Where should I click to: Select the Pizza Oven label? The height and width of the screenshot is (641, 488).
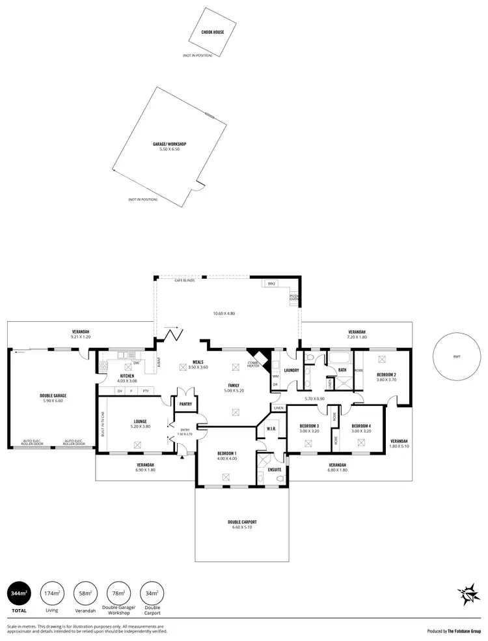293,298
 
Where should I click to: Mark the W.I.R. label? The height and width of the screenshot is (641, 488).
271,428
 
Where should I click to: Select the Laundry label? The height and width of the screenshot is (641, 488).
290,371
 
